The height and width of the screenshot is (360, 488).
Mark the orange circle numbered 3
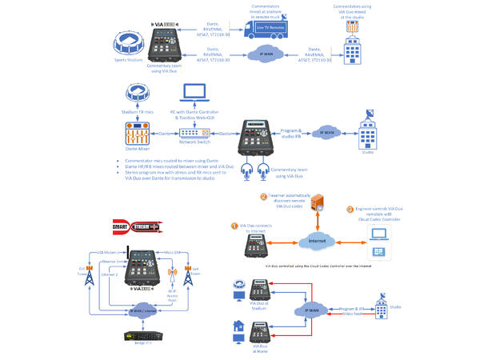(x=349, y=210)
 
